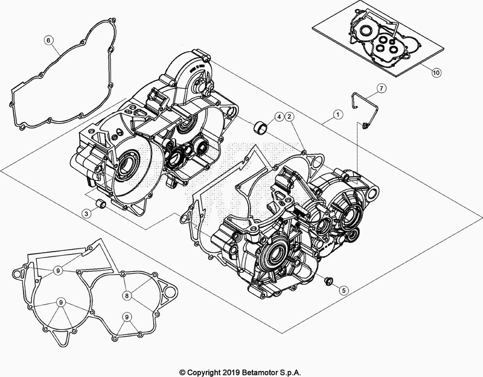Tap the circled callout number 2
[290, 116]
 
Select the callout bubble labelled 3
[88, 214]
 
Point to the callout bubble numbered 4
[280, 116]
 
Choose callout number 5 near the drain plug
[342, 290]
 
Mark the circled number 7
[381, 89]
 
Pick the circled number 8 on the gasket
[127, 296]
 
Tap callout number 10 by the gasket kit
[436, 72]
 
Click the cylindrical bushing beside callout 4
[261, 127]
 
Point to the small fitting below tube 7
[366, 125]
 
